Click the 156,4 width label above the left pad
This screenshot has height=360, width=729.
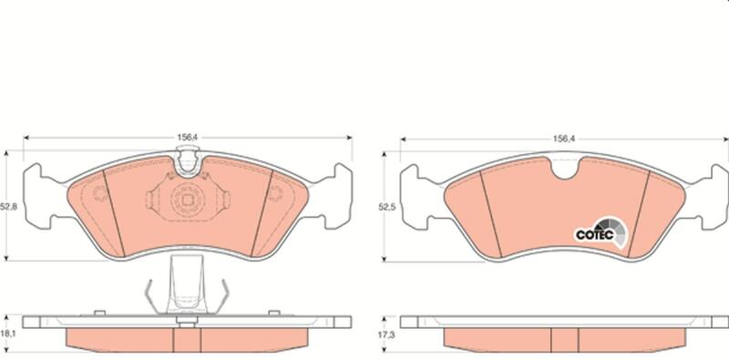[x=187, y=138]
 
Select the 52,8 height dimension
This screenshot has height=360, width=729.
[x=8, y=207]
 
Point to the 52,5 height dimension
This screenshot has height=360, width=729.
[x=386, y=208]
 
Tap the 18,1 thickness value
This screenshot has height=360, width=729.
[x=9, y=334]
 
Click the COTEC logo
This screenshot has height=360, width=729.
[x=601, y=232]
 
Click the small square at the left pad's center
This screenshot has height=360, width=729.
[x=188, y=200]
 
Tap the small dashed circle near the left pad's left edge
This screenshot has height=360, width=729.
[x=100, y=193]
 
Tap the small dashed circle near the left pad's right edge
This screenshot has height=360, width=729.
[x=276, y=193]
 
